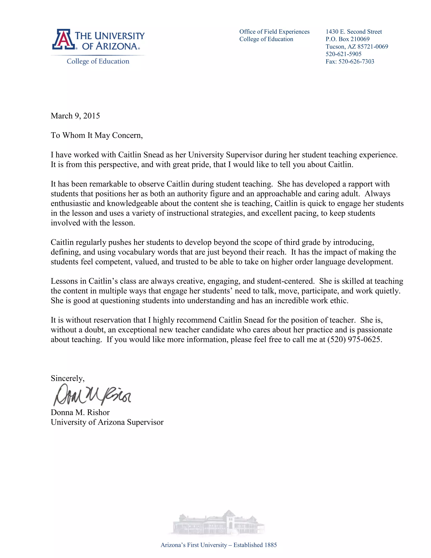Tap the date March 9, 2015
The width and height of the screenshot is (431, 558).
click(75, 116)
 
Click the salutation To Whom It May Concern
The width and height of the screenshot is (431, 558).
click(97, 135)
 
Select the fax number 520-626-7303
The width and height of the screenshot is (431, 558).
click(356, 61)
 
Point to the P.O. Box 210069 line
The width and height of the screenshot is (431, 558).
click(347, 39)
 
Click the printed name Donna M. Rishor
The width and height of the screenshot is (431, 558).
click(80, 412)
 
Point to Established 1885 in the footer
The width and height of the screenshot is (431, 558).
click(255, 545)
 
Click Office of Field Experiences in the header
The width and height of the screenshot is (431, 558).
click(274, 32)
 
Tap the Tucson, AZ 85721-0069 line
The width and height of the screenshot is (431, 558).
click(357, 47)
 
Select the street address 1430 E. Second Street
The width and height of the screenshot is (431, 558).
click(354, 32)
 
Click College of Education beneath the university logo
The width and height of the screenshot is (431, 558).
click(98, 61)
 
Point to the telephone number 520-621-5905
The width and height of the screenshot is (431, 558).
click(343, 54)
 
